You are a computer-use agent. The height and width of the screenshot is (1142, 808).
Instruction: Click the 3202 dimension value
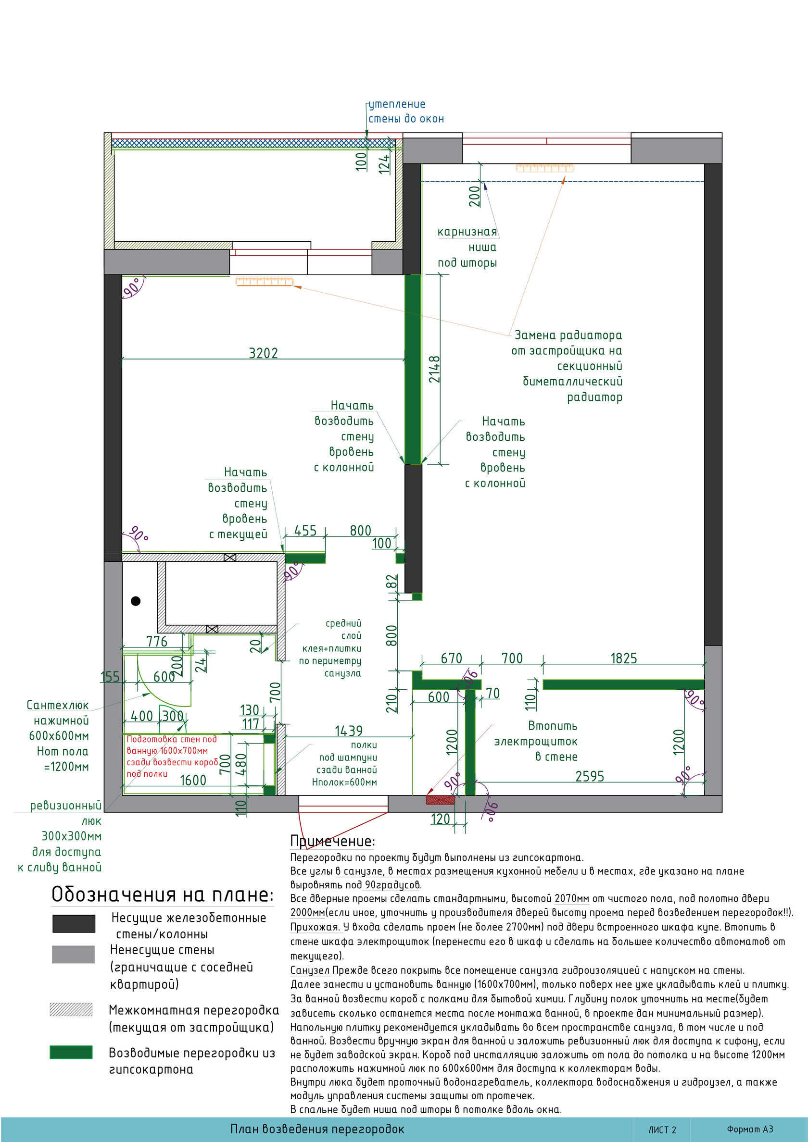pyautogui.click(x=264, y=353)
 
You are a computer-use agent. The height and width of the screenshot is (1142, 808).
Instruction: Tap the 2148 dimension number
pyautogui.click(x=435, y=369)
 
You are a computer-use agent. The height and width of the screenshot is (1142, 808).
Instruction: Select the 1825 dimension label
pyautogui.click(x=623, y=658)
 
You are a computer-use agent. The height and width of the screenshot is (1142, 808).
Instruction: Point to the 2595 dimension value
pyautogui.click(x=590, y=776)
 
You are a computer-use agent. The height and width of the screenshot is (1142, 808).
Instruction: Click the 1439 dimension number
pyautogui.click(x=349, y=731)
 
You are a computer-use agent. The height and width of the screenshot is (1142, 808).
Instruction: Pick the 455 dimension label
pyautogui.click(x=305, y=530)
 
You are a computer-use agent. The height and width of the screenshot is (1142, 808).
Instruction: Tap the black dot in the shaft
pyautogui.click(x=136, y=601)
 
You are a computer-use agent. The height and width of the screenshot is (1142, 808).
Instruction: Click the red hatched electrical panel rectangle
pyautogui.click(x=441, y=799)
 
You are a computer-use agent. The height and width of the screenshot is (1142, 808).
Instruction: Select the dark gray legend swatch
pyautogui.click(x=74, y=923)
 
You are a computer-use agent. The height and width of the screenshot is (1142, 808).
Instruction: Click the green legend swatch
pyautogui.click(x=71, y=1052)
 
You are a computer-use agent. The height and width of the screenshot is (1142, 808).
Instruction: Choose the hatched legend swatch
pyautogui.click(x=71, y=1009)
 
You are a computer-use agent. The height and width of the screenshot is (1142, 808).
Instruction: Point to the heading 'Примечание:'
pyautogui.click(x=332, y=841)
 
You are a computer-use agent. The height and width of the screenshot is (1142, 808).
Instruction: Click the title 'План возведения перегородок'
pyautogui.click(x=317, y=1129)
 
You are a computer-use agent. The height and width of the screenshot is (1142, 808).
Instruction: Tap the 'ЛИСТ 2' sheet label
pyautogui.click(x=662, y=1130)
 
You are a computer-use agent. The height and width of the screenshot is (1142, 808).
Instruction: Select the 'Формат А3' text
pyautogui.click(x=750, y=1129)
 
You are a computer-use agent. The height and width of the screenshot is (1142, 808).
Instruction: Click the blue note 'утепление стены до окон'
pyautogui.click(x=406, y=112)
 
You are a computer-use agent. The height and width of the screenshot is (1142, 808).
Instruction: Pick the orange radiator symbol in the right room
pyautogui.click(x=544, y=168)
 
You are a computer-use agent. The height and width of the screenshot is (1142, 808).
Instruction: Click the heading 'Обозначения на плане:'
pyautogui.click(x=162, y=894)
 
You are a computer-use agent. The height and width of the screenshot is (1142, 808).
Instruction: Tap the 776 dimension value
pyautogui.click(x=157, y=641)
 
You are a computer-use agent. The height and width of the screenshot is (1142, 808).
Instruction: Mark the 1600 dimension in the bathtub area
pyautogui.click(x=193, y=780)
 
